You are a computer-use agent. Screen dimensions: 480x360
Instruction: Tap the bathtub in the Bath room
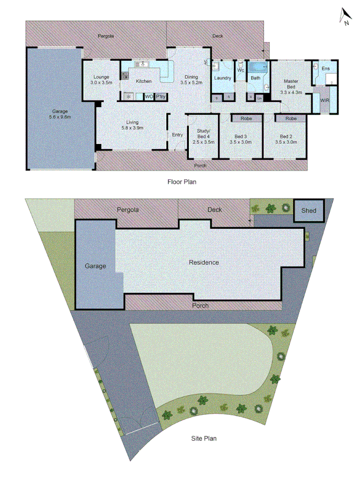pyautogui.click(x=259, y=67)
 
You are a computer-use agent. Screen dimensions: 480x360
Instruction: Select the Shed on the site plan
pyautogui.click(x=309, y=211)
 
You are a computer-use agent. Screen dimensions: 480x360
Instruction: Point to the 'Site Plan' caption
pyautogui.click(x=204, y=439)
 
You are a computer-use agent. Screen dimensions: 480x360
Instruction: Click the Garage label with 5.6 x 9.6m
pyautogui.click(x=59, y=114)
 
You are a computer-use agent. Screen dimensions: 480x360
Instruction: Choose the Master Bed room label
pyautogui.click(x=291, y=86)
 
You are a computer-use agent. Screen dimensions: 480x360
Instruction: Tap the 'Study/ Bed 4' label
pyautogui.click(x=204, y=136)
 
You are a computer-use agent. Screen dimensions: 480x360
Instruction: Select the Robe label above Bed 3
pyautogui.click(x=246, y=118)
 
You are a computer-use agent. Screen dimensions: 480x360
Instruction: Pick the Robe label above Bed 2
pyautogui.click(x=291, y=118)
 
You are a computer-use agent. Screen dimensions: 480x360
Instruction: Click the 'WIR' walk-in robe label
pyautogui.click(x=324, y=100)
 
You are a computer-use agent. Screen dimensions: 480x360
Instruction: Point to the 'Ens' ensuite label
pyautogui.click(x=326, y=68)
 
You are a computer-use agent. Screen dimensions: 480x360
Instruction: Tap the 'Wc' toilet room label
pyautogui.click(x=241, y=70)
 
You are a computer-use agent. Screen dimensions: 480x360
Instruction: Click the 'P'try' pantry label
pyautogui.click(x=161, y=97)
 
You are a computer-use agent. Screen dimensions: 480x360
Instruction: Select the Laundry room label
pyautogui.click(x=222, y=78)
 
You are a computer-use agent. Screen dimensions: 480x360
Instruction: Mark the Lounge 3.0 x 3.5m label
pyautogui.click(x=101, y=80)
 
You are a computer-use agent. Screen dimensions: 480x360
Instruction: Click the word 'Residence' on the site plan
pyautogui.click(x=204, y=262)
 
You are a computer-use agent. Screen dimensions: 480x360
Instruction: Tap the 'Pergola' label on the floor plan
pyautogui.click(x=106, y=36)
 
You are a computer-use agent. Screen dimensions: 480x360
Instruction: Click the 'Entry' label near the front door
pyautogui.click(x=177, y=134)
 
